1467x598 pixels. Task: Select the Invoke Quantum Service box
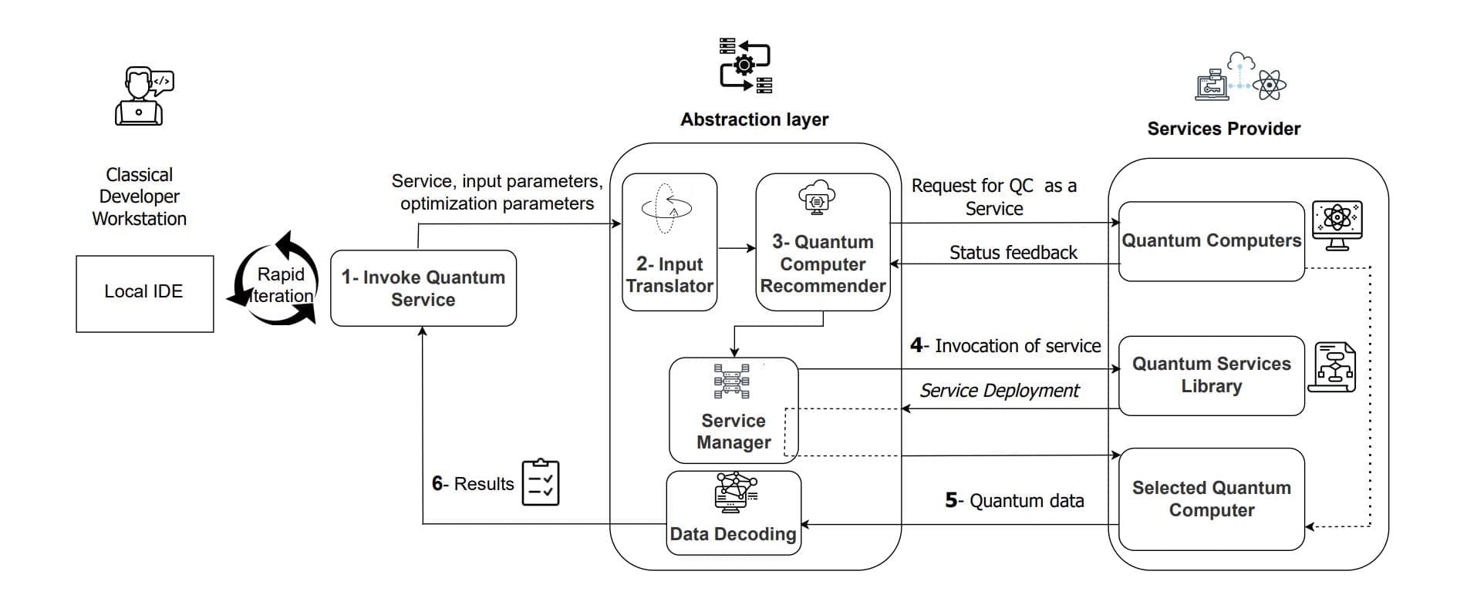[423, 288]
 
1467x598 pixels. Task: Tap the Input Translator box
[669, 242]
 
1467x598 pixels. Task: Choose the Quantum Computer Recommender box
[823, 242]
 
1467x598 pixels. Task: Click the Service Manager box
[733, 410]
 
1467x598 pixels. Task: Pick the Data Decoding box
[733, 513]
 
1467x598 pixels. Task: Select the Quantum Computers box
[1211, 241]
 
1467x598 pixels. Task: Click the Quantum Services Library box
[1211, 375]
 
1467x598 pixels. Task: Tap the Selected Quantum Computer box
[1211, 499]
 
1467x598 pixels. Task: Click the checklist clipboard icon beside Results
[541, 483]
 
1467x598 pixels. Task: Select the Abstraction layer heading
[754, 119]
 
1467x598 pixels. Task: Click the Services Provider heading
[1223, 129]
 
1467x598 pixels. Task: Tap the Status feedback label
[1013, 253]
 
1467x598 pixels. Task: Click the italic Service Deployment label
[1000, 391]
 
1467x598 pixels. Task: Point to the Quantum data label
[1015, 501]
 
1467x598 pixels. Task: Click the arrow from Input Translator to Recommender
[737, 248]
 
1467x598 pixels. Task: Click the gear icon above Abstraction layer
[744, 66]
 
